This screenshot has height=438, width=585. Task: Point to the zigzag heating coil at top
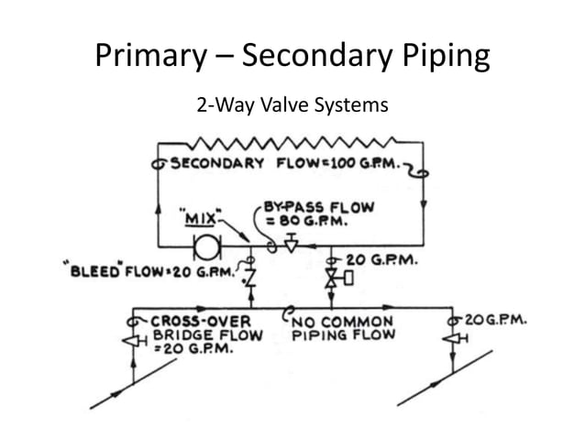click(289, 142)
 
